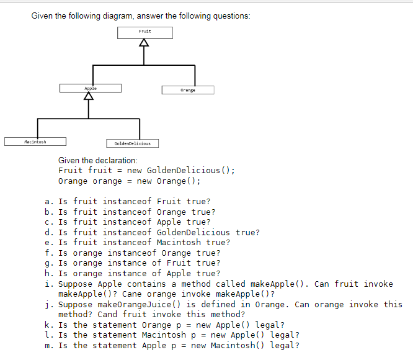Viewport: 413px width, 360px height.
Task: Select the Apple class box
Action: (x=90, y=88)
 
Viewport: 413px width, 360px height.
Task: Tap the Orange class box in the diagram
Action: (x=187, y=90)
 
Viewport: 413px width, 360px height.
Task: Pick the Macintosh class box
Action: (x=35, y=142)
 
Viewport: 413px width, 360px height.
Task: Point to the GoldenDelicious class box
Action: (x=132, y=143)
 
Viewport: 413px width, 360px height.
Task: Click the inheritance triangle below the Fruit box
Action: (x=144, y=43)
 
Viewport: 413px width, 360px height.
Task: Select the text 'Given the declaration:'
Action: (x=94, y=160)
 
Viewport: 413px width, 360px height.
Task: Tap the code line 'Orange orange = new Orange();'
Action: (x=129, y=181)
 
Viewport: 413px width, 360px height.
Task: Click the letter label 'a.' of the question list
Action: (x=48, y=201)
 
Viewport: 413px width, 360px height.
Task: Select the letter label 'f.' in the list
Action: (x=48, y=253)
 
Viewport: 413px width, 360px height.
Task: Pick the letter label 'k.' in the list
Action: (x=48, y=325)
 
